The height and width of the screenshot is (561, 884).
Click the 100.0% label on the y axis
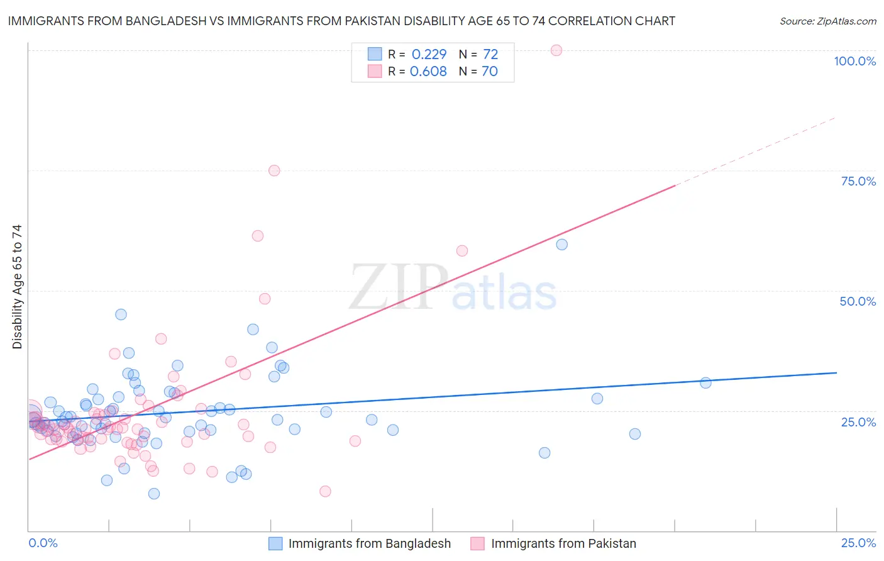tap(854, 61)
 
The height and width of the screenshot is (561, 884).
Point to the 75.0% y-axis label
tap(858, 181)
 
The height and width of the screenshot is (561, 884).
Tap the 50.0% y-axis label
tap(858, 301)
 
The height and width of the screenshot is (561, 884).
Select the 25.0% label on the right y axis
tap(858, 422)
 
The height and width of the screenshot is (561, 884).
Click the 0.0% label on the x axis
tap(43, 543)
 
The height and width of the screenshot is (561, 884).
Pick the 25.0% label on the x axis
tap(858, 543)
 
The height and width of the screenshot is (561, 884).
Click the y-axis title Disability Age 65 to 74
tap(17, 286)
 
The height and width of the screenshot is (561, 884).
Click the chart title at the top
tap(341, 21)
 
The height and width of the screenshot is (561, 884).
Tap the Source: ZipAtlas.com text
tap(827, 21)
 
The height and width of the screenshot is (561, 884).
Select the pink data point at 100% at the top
tap(556, 50)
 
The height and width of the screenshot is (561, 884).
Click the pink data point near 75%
tap(274, 170)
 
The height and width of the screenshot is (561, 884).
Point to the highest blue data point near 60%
tap(562, 245)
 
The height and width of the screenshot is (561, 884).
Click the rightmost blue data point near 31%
tap(705, 383)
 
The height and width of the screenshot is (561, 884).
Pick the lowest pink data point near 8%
tap(325, 491)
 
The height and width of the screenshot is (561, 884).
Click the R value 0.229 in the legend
tap(429, 54)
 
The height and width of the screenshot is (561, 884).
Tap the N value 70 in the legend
tap(490, 71)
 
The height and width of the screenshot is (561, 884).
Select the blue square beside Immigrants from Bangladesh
tap(275, 543)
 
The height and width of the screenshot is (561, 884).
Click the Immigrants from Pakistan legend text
tap(563, 543)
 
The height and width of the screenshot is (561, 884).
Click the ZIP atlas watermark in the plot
tap(453, 288)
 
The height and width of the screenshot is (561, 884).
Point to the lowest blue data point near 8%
tap(154, 494)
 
